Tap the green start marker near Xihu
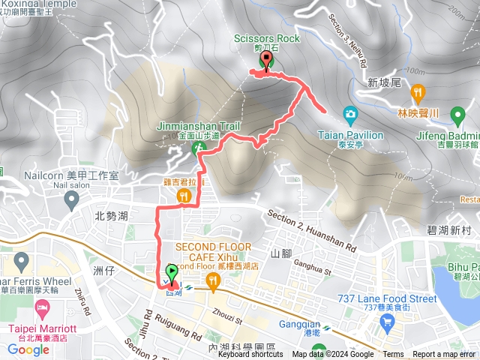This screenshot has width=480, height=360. pos(171,274)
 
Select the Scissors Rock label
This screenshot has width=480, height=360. pos(266,38)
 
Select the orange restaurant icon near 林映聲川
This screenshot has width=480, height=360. pos(418,94)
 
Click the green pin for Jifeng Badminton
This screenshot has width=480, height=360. pos(457,115)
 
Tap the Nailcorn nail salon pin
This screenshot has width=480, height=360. pos(72,200)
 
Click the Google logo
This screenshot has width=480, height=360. pos(28,349)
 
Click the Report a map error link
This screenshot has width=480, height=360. pos(444,355)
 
